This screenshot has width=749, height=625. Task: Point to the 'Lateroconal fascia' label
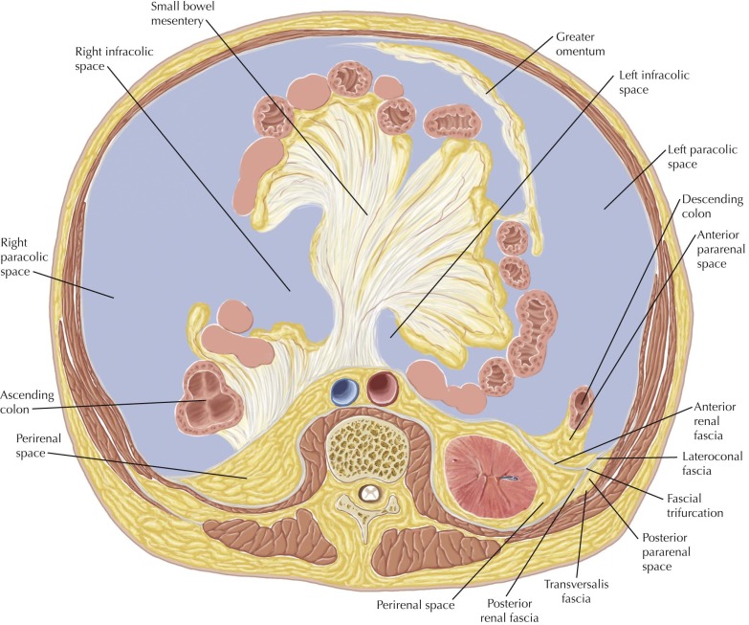pos(705,465)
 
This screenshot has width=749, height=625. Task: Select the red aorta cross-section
pos(385,387)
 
